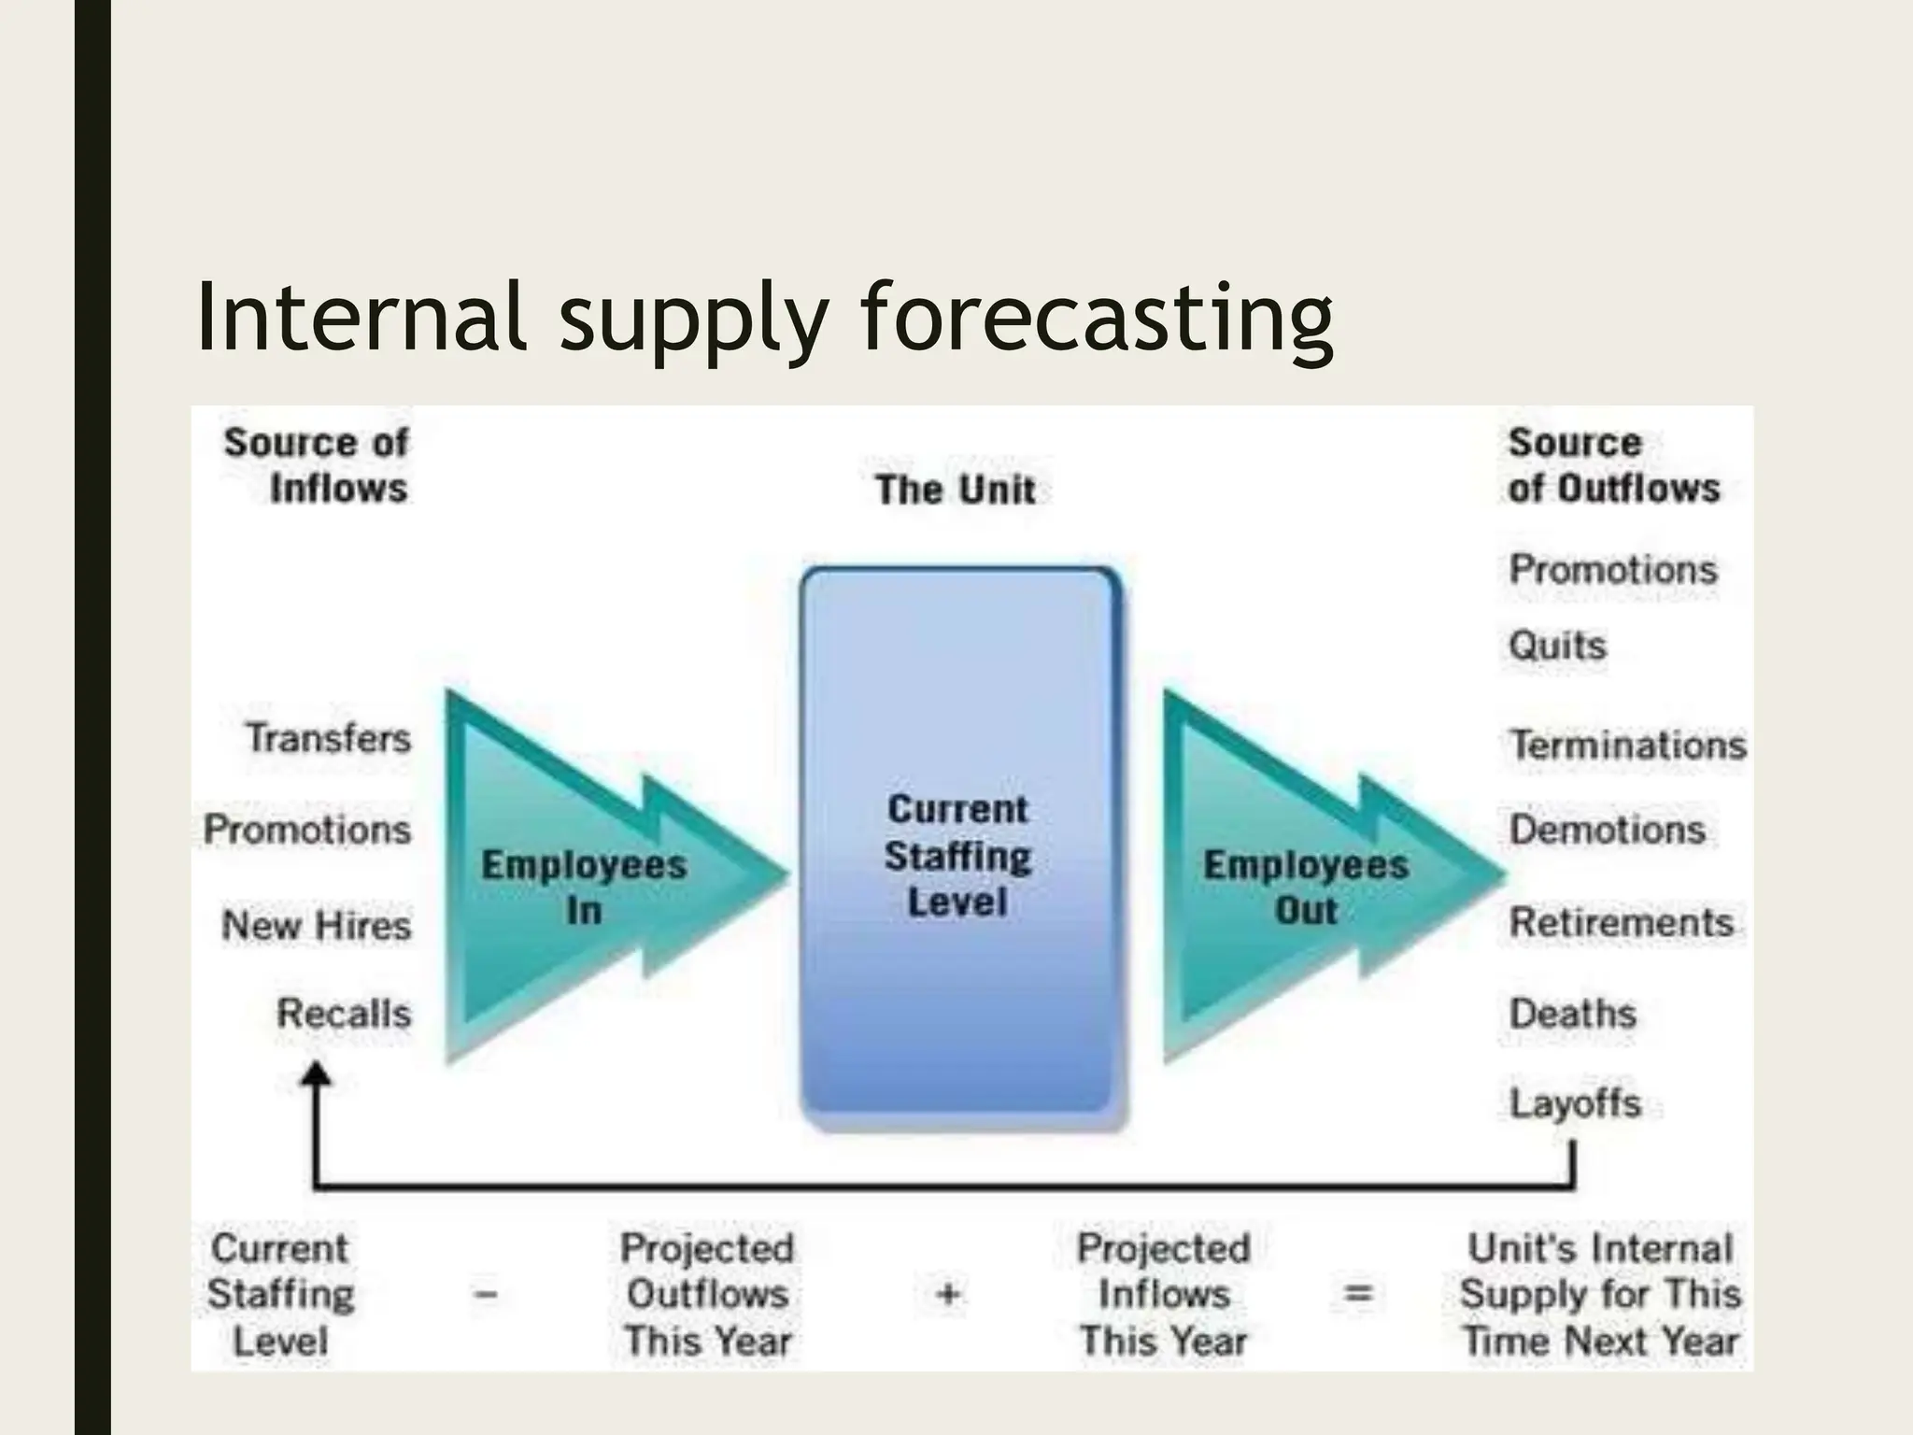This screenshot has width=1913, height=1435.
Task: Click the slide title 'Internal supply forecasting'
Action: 764,318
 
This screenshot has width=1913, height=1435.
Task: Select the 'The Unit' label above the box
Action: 955,490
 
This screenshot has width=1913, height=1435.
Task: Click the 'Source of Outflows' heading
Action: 1612,464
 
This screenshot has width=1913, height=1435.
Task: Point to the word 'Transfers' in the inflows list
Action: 329,738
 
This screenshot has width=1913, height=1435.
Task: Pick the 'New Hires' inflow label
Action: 317,925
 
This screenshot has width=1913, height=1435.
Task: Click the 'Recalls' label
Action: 344,1013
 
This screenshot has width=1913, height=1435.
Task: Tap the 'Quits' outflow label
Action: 1557,645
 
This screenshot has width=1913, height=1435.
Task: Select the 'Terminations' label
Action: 1627,745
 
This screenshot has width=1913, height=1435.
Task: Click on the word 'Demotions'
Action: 1607,829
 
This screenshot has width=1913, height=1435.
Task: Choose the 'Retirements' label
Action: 1621,922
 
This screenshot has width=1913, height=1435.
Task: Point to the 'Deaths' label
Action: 1573,1013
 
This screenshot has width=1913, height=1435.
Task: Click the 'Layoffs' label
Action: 1575,1102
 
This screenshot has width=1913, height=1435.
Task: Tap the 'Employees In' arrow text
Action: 584,886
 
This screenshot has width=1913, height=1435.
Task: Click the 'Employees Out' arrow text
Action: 1305,886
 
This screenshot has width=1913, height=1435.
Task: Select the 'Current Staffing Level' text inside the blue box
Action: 958,855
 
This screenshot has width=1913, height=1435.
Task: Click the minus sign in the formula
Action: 487,1294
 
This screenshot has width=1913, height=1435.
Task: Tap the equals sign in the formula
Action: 1357,1294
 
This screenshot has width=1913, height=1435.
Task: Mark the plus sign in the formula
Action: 948,1294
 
